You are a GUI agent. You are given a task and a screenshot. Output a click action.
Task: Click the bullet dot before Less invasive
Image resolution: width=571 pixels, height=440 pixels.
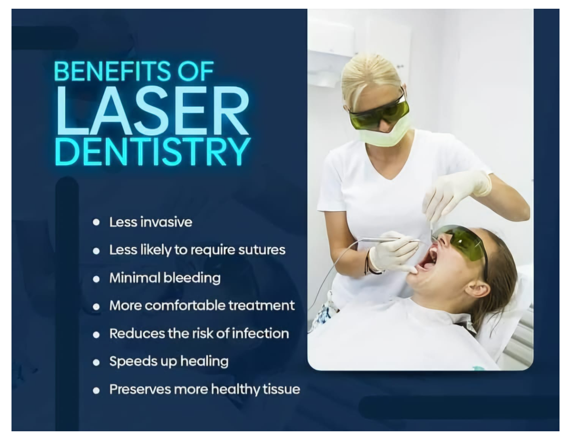pos(96,222)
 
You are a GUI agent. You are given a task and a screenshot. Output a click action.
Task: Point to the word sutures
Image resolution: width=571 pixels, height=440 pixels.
pos(262,250)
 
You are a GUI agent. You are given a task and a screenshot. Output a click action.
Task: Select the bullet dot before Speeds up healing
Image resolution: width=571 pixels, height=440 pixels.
pos(96,363)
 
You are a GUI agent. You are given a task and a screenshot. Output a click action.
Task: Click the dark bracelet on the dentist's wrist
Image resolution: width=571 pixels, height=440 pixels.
pos(370,263)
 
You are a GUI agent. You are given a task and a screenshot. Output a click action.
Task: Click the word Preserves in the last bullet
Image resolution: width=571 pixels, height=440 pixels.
pos(140,389)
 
